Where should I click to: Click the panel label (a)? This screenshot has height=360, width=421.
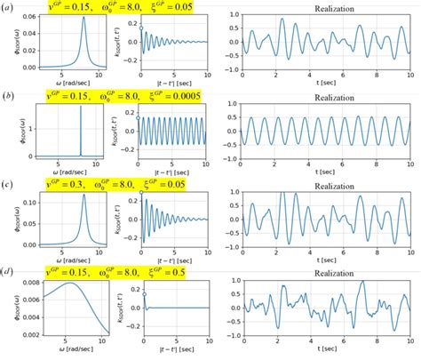point(8,7)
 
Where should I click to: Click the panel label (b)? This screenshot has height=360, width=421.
point(8,95)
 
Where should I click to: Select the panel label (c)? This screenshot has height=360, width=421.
point(8,184)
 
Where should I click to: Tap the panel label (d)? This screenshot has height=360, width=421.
point(8,272)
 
